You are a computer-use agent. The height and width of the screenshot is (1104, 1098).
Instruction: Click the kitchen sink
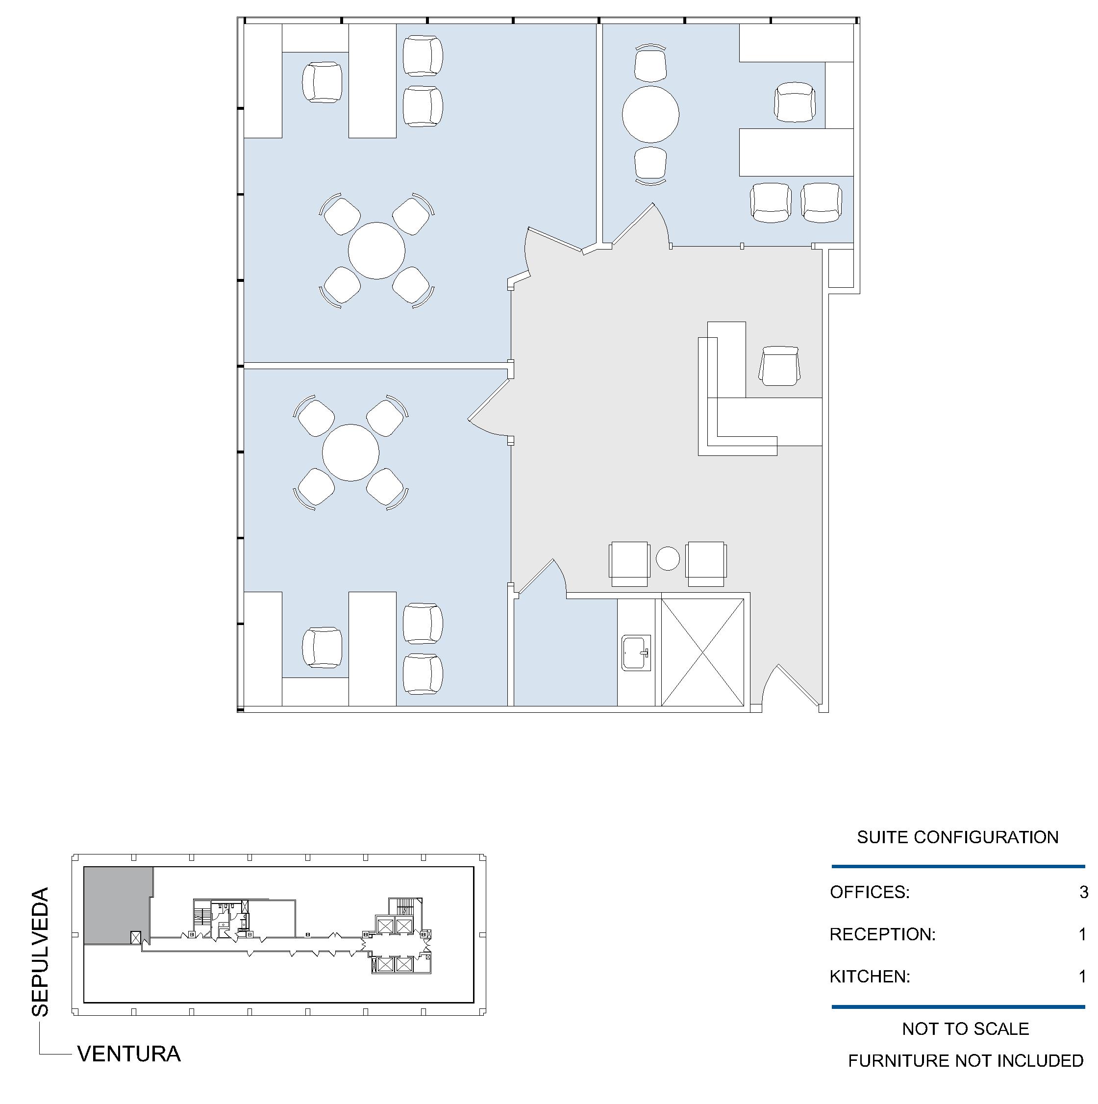pos(636,652)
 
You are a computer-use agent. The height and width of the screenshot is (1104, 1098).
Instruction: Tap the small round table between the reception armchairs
pos(668,558)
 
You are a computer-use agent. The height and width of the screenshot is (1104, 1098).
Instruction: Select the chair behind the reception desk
pos(779,366)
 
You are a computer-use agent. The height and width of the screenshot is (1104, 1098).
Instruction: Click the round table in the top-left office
pos(376,251)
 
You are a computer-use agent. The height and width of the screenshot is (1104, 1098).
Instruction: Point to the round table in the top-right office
pos(650,114)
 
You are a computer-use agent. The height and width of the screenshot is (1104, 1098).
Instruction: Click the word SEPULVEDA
pos(41,952)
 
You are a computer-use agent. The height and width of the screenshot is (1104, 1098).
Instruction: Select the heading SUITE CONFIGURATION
pos(957,837)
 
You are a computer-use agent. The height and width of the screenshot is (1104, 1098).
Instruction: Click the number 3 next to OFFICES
pos(1084,892)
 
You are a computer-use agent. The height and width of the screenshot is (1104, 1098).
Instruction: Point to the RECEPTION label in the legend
pos(883,934)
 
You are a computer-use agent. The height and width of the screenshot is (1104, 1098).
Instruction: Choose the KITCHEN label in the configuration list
pos(870,977)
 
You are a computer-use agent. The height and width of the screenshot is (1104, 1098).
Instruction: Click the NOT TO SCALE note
pos(966,1029)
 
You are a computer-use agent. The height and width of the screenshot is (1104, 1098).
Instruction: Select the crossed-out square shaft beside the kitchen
pos(703,652)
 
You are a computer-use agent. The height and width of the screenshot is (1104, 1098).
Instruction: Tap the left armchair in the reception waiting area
pos(629,563)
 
